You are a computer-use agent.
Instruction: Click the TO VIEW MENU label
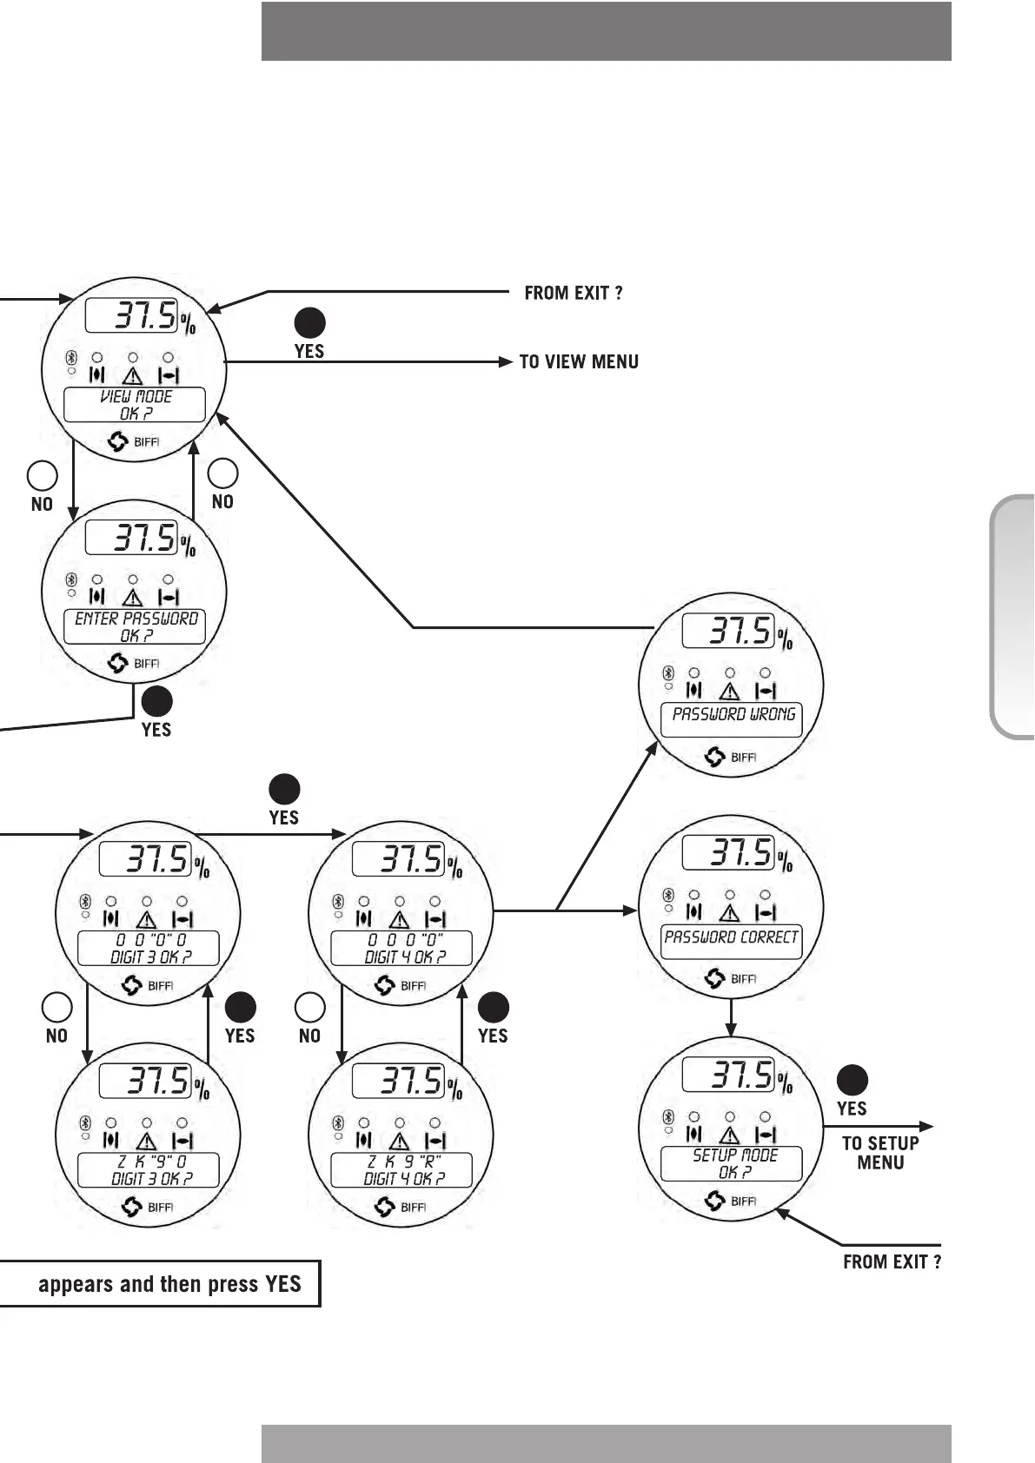579,362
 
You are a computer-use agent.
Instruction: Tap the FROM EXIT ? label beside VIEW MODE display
574,293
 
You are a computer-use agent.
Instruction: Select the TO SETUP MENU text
880,1153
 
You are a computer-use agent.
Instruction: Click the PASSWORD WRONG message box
732,719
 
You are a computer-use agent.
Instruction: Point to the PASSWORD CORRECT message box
732,942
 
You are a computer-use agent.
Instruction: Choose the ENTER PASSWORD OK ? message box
135,626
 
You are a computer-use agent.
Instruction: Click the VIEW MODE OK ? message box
135,405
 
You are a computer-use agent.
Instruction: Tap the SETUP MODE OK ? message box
732,1163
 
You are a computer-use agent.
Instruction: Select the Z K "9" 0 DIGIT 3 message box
149,1169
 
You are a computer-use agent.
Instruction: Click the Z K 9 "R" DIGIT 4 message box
401,1169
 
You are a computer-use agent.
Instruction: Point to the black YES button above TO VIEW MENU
309,323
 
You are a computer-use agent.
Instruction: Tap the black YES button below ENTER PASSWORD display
156,701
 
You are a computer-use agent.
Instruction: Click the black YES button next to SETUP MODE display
852,1080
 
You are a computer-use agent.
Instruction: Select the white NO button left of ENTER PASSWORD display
43,476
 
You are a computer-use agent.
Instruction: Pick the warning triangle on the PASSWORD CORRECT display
730,913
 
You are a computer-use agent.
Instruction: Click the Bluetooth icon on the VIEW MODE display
72,358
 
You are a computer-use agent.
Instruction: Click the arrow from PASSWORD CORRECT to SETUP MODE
731,1018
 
